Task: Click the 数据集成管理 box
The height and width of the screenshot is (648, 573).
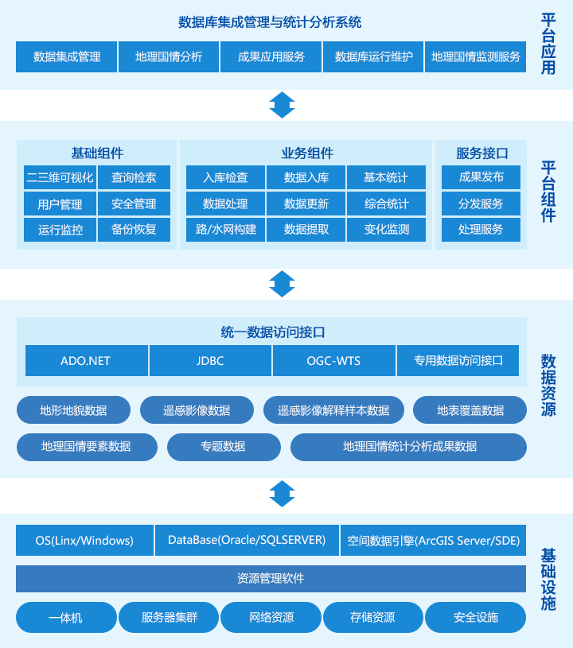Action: click(x=67, y=56)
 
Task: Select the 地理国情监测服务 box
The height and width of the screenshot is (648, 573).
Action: click(x=475, y=56)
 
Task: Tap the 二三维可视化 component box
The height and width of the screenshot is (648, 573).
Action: click(x=60, y=177)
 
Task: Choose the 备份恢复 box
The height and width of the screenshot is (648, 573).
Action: click(x=134, y=229)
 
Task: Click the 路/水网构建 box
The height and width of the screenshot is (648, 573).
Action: click(x=225, y=229)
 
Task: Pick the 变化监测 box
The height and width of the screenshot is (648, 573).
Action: click(x=387, y=229)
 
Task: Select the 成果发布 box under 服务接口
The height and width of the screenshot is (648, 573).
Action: click(x=481, y=177)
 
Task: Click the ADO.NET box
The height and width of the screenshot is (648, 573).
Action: click(x=87, y=360)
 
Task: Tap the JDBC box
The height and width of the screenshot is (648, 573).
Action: click(x=210, y=360)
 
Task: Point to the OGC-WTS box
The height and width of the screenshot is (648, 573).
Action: click(x=334, y=360)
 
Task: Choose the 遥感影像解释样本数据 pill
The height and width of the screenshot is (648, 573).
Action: click(x=333, y=410)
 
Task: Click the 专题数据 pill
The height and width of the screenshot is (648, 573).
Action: click(x=224, y=447)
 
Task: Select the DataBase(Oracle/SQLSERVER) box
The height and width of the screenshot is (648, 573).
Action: click(x=247, y=540)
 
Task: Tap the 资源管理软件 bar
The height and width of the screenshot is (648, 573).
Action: click(x=271, y=579)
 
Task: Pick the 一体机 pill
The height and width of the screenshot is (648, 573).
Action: click(x=66, y=618)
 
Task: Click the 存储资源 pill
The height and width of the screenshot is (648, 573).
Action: click(x=372, y=618)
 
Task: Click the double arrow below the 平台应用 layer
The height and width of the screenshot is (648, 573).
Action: click(x=283, y=105)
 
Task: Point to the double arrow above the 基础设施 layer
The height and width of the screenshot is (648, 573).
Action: click(x=283, y=494)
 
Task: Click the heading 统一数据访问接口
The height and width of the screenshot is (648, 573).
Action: click(x=273, y=332)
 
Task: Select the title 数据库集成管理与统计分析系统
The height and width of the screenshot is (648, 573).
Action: click(x=270, y=22)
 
